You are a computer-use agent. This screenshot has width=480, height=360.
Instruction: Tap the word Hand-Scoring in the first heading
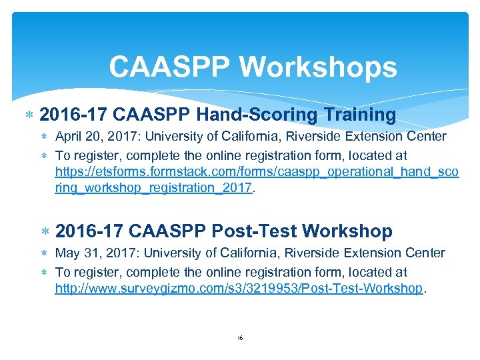coord(264,115)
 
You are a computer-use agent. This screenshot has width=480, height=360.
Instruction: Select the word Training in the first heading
coord(360,115)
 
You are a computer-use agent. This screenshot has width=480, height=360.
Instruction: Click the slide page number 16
coord(240,339)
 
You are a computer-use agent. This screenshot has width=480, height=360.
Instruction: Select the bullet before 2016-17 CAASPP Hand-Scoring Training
coord(29,115)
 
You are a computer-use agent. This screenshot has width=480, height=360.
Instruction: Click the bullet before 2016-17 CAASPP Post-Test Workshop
coord(45,232)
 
